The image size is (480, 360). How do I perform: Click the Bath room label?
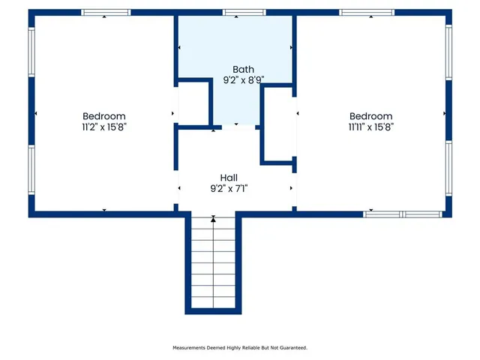coord(233,69)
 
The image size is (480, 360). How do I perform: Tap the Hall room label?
coord(229,178)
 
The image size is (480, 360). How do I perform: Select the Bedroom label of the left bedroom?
coord(103,116)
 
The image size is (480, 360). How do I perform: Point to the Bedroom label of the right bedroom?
coord(370,116)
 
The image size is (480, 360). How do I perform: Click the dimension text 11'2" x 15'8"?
coord(103,127)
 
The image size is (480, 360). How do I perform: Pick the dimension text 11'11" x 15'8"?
coord(370,127)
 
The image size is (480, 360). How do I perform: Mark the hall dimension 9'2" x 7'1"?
coord(229,188)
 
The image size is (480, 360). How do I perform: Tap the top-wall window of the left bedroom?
coord(105,13)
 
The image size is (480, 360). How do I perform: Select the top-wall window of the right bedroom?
coord(367,13)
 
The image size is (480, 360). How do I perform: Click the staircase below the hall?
coord(213,262)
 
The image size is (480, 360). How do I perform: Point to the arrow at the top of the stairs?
coord(213,219)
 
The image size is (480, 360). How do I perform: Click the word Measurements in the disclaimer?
coord(189,348)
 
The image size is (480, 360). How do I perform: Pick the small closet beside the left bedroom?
coord(193,103)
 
